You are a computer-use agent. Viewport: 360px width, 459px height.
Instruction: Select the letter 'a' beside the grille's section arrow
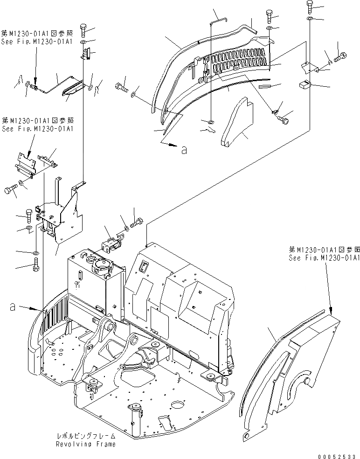point(184,150)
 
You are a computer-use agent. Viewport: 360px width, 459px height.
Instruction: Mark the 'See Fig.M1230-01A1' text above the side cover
point(324,257)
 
